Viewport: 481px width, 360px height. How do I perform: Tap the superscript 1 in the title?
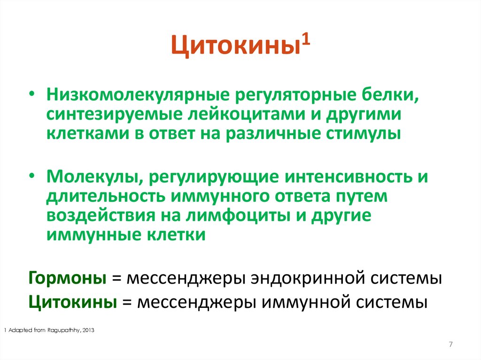305,43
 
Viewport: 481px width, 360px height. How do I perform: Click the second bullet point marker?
32,178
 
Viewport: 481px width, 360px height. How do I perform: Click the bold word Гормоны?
67,278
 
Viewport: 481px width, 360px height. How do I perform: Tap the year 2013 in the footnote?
88,330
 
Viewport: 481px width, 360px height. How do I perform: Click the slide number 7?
451,345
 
